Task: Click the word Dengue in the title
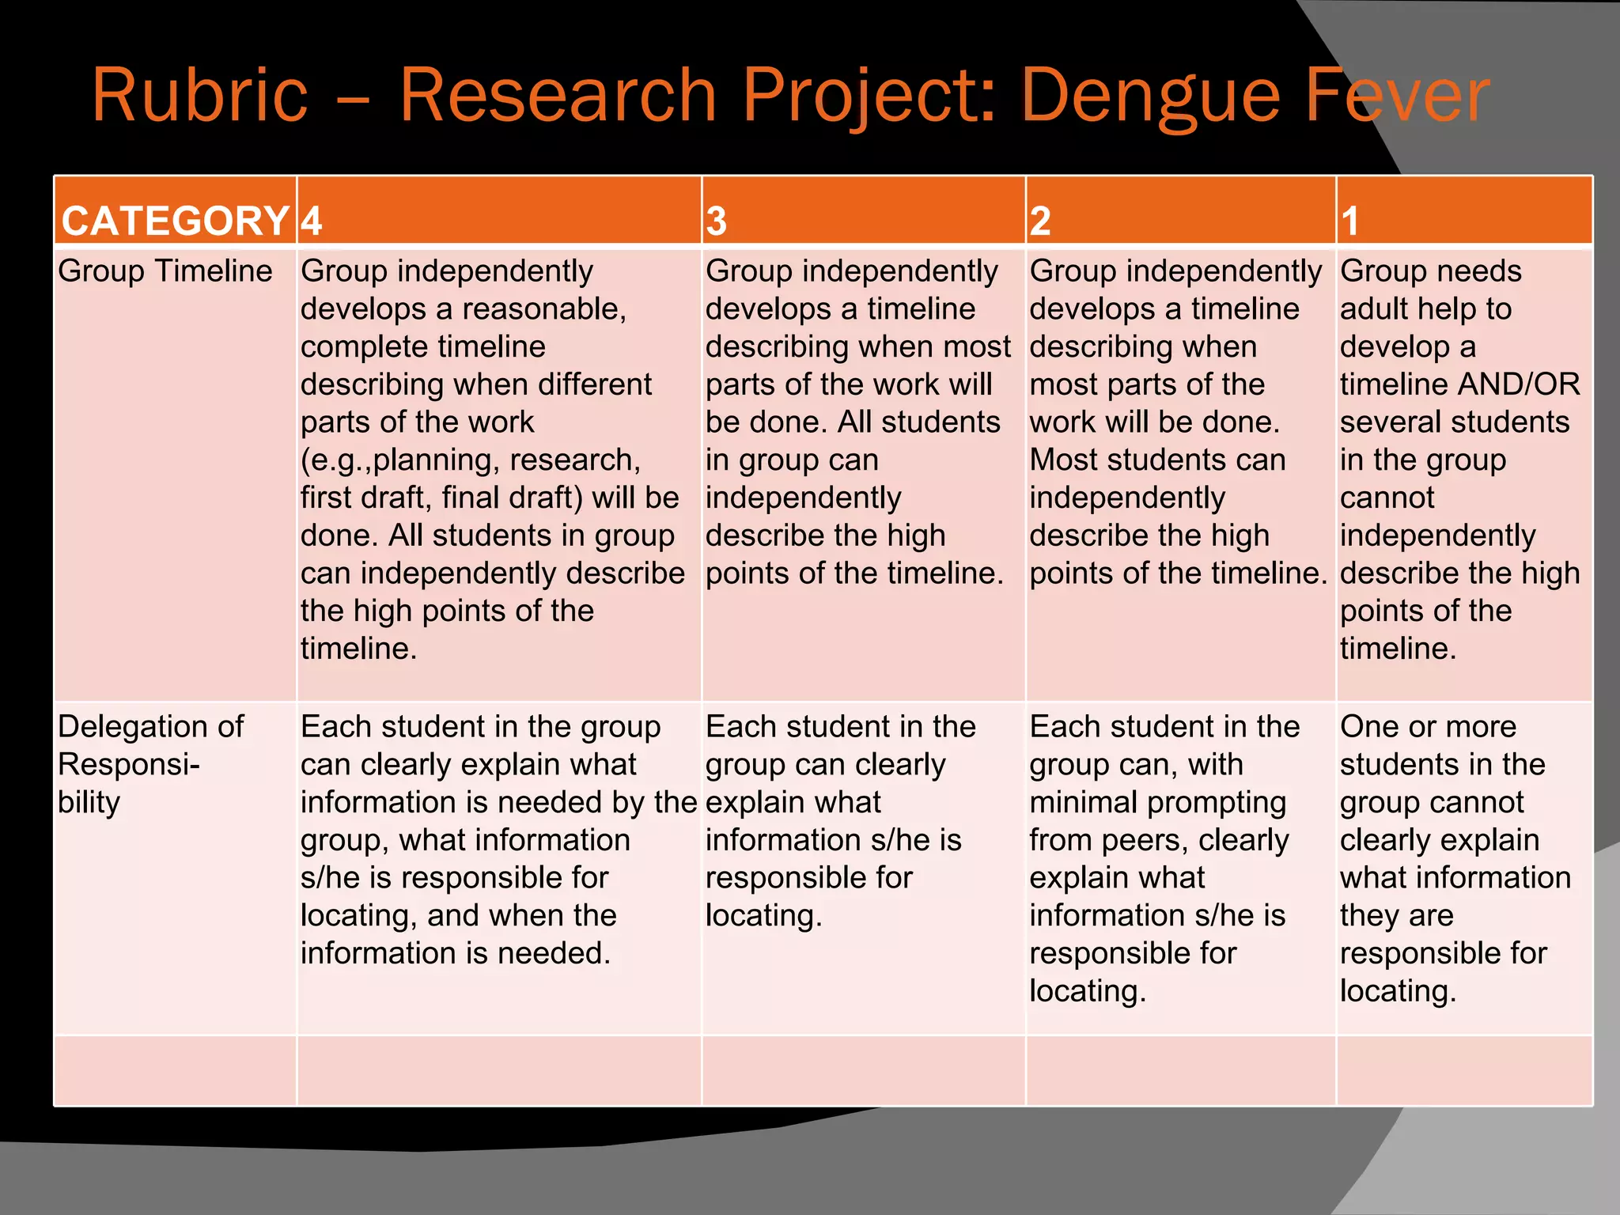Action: (1150, 97)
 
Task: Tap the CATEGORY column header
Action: (175, 221)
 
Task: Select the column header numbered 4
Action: (312, 221)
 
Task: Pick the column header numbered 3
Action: (717, 221)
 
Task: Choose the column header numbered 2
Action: (1040, 221)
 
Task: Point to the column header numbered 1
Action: (1349, 221)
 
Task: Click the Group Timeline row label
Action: (165, 271)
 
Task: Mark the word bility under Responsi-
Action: (89, 802)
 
